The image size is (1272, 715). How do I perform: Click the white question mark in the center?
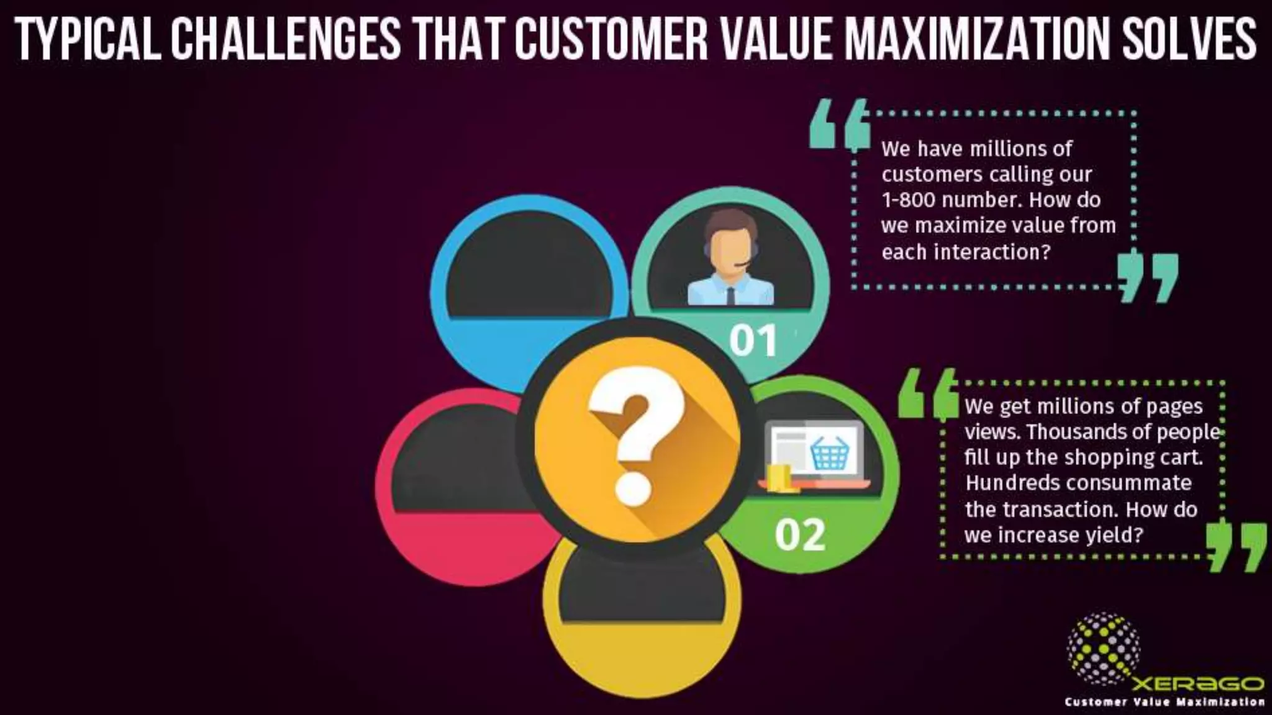[635, 434]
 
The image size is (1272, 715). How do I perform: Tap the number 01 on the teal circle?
[753, 341]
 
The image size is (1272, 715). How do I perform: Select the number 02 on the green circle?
[800, 534]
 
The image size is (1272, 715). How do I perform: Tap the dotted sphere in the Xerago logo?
[1103, 648]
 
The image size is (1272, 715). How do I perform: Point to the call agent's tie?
[730, 295]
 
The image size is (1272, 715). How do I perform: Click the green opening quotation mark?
[928, 393]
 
